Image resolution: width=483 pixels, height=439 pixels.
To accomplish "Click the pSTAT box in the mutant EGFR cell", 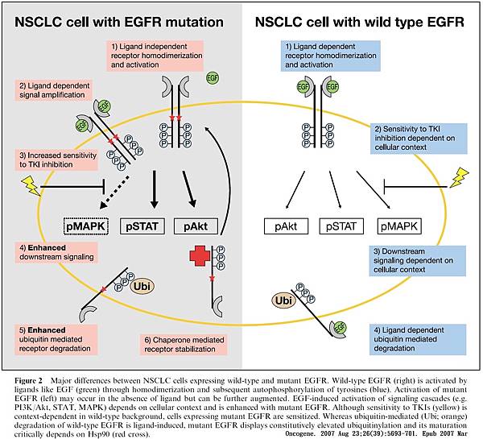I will tap(144, 229).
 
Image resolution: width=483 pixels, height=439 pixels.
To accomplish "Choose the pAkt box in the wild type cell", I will tap(286, 229).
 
